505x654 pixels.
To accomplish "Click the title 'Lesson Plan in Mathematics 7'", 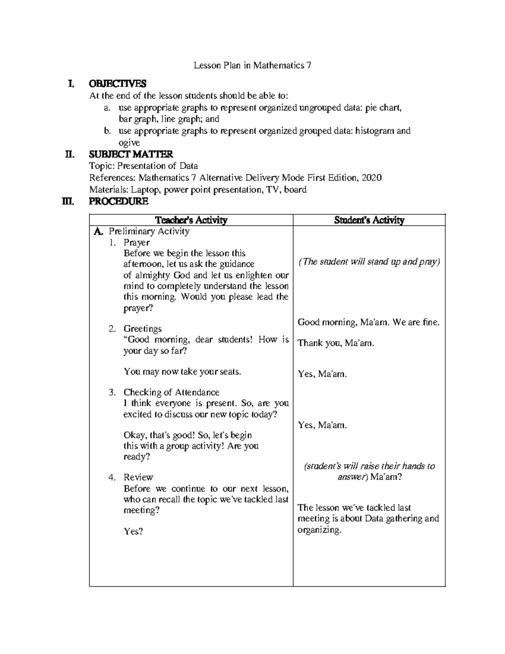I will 252,66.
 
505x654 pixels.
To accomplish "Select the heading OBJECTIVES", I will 117,84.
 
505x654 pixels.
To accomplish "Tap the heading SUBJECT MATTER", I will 131,155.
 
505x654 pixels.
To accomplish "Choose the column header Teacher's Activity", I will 191,220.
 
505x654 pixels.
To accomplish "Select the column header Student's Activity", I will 369,220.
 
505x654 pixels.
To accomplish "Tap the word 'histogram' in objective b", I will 375,131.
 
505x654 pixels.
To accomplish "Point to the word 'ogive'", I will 129,143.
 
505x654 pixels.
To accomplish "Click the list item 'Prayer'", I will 136,243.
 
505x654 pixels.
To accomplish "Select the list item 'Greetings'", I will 142,328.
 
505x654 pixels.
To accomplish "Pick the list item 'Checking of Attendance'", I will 171,392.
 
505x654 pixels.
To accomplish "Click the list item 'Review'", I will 138,478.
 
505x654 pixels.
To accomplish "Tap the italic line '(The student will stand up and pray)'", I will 369,262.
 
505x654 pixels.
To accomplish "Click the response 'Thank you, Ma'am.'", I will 336,343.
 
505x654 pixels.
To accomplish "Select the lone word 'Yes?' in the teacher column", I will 133,531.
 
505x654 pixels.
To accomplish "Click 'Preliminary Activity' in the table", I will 149,231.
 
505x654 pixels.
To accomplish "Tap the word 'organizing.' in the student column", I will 319,530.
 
